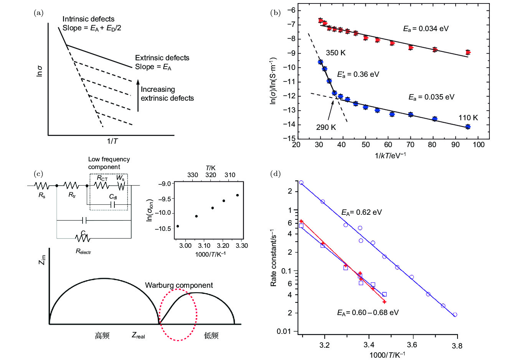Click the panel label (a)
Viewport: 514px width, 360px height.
pyautogui.click(x=38, y=13)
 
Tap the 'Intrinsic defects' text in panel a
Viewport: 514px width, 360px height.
pyautogui.click(x=88, y=19)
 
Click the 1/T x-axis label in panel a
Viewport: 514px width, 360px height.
pyautogui.click(x=112, y=141)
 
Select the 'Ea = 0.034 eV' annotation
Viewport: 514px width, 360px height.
pyautogui.click(x=426, y=29)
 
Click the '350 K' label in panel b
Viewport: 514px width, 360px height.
pyautogui.click(x=336, y=53)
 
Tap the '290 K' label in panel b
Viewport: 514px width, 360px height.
pyautogui.click(x=326, y=127)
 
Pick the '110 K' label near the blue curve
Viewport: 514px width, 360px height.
pyautogui.click(x=468, y=118)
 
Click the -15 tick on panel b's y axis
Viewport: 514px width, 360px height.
pyautogui.click(x=291, y=138)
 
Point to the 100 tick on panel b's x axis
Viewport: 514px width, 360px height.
pyautogui.click(x=479, y=145)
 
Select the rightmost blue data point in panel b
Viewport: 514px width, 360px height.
pyautogui.click(x=468, y=127)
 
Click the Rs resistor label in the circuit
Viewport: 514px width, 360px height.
pyautogui.click(x=42, y=195)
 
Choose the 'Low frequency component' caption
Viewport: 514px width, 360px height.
pyautogui.click(x=109, y=163)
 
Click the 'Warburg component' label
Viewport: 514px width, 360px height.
pyautogui.click(x=179, y=285)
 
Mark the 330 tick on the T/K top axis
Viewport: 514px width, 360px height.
pyautogui.click(x=192, y=175)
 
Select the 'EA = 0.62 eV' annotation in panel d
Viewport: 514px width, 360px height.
pyautogui.click(x=362, y=212)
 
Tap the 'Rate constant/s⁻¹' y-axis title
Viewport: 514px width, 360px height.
pyautogui.click(x=273, y=257)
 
